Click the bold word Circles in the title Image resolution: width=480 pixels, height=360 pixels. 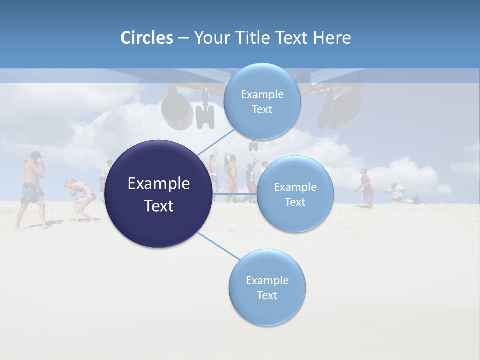point(146,38)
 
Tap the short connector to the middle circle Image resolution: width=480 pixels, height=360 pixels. point(234,193)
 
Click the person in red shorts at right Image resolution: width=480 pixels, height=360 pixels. point(366,187)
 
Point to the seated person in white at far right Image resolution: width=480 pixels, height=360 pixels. point(395,192)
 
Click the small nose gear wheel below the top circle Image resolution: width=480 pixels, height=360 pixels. point(254,145)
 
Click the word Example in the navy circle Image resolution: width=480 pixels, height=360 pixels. point(159,184)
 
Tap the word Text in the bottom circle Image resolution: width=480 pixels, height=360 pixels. point(267,295)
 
